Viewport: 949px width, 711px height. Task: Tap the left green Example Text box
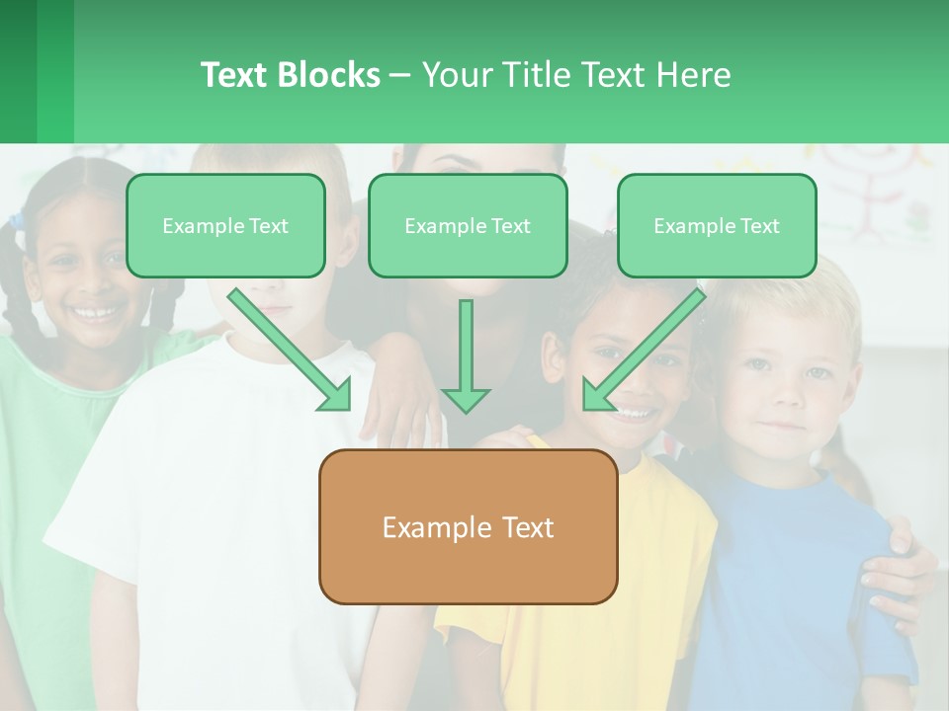point(225,226)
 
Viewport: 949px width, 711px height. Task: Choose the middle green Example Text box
point(468,226)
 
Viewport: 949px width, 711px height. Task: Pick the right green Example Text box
point(717,226)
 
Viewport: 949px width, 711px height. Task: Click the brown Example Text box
point(468,527)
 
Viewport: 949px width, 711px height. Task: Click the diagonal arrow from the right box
point(644,351)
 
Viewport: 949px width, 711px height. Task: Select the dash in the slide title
point(400,76)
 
